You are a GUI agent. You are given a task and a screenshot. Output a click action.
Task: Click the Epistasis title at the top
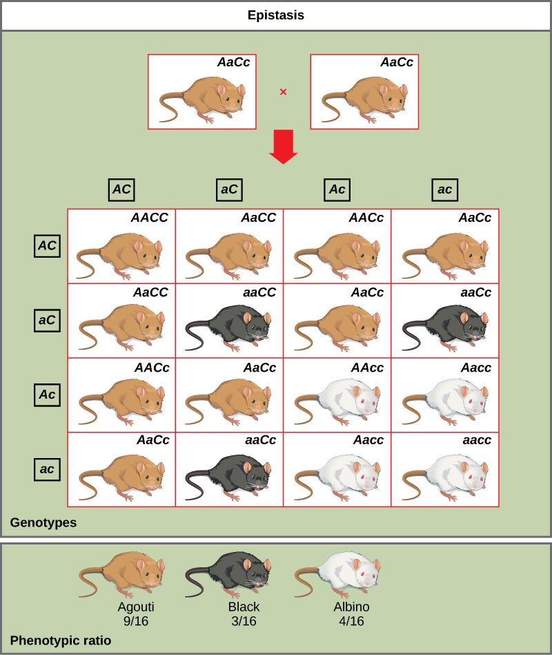click(x=276, y=15)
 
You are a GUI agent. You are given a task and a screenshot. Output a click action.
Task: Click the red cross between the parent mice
click(x=283, y=91)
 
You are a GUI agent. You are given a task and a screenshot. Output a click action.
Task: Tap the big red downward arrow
click(x=283, y=147)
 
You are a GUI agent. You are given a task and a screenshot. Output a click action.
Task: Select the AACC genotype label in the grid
click(x=150, y=218)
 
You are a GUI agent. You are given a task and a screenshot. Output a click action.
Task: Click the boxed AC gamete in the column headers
click(x=121, y=189)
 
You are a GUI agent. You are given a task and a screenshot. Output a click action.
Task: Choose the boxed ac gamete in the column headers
click(x=445, y=189)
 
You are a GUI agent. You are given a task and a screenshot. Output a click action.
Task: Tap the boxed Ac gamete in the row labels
click(x=47, y=395)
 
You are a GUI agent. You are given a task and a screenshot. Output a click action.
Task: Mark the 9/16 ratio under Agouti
click(x=136, y=620)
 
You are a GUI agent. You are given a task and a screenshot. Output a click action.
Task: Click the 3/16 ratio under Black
click(x=244, y=620)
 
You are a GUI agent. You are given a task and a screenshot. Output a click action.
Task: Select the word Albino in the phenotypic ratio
click(x=352, y=607)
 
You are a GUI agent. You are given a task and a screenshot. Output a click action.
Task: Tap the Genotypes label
click(x=43, y=523)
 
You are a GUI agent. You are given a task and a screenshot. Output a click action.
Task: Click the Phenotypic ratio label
click(x=61, y=640)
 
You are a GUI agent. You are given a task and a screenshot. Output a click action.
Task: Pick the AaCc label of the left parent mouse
click(x=233, y=62)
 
